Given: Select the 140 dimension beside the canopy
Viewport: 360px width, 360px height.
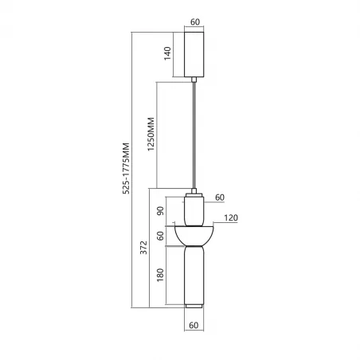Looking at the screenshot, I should point(167,54).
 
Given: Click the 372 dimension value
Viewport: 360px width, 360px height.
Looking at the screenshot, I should point(143,249).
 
